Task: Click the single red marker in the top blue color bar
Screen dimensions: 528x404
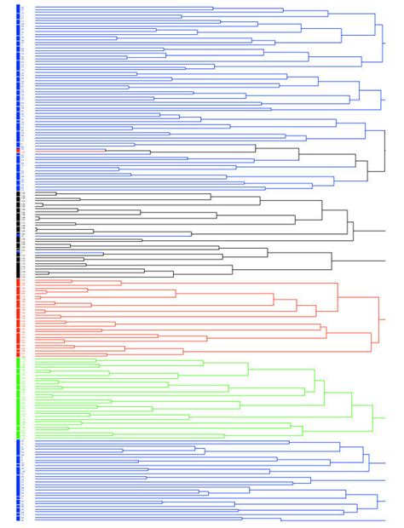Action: click(18, 151)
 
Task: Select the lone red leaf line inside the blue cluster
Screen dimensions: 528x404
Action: click(68, 151)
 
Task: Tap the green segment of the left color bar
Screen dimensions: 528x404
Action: click(18, 398)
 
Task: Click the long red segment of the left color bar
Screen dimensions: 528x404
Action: click(18, 317)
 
